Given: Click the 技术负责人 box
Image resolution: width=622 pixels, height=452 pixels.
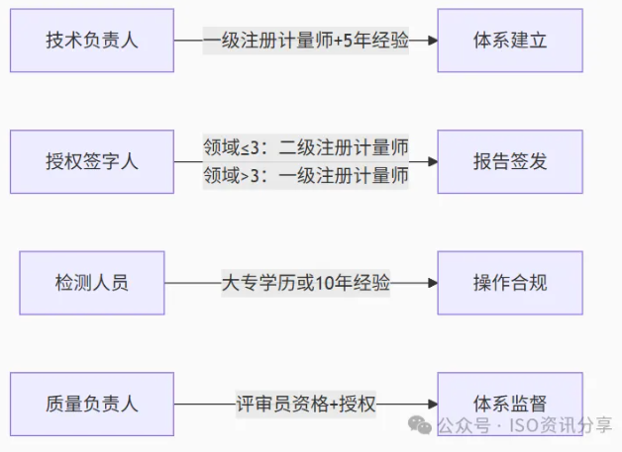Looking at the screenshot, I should point(92,41).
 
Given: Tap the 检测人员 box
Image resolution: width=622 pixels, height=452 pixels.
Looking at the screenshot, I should point(92,283).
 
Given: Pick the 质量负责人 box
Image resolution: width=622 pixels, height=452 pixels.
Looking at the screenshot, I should point(92,404).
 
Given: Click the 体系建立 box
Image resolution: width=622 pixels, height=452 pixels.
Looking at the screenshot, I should point(510,41).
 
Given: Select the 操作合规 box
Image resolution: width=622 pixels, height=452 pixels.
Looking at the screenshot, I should point(510,283).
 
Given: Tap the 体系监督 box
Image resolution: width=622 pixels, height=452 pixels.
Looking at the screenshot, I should point(510,404).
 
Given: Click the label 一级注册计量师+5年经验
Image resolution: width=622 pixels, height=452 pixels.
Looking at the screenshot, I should point(306,41).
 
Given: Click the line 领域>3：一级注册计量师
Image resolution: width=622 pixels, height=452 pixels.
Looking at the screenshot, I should point(306,176).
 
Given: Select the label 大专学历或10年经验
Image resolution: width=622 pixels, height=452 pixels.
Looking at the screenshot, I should point(306,284).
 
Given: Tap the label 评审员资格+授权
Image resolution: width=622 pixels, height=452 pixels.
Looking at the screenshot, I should point(306,405).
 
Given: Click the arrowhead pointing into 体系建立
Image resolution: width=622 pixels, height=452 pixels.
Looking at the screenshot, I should point(431,41).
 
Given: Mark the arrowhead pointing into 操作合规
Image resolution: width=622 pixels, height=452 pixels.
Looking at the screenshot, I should point(431,283).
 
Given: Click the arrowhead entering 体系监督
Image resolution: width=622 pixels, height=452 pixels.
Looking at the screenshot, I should point(431,404).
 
